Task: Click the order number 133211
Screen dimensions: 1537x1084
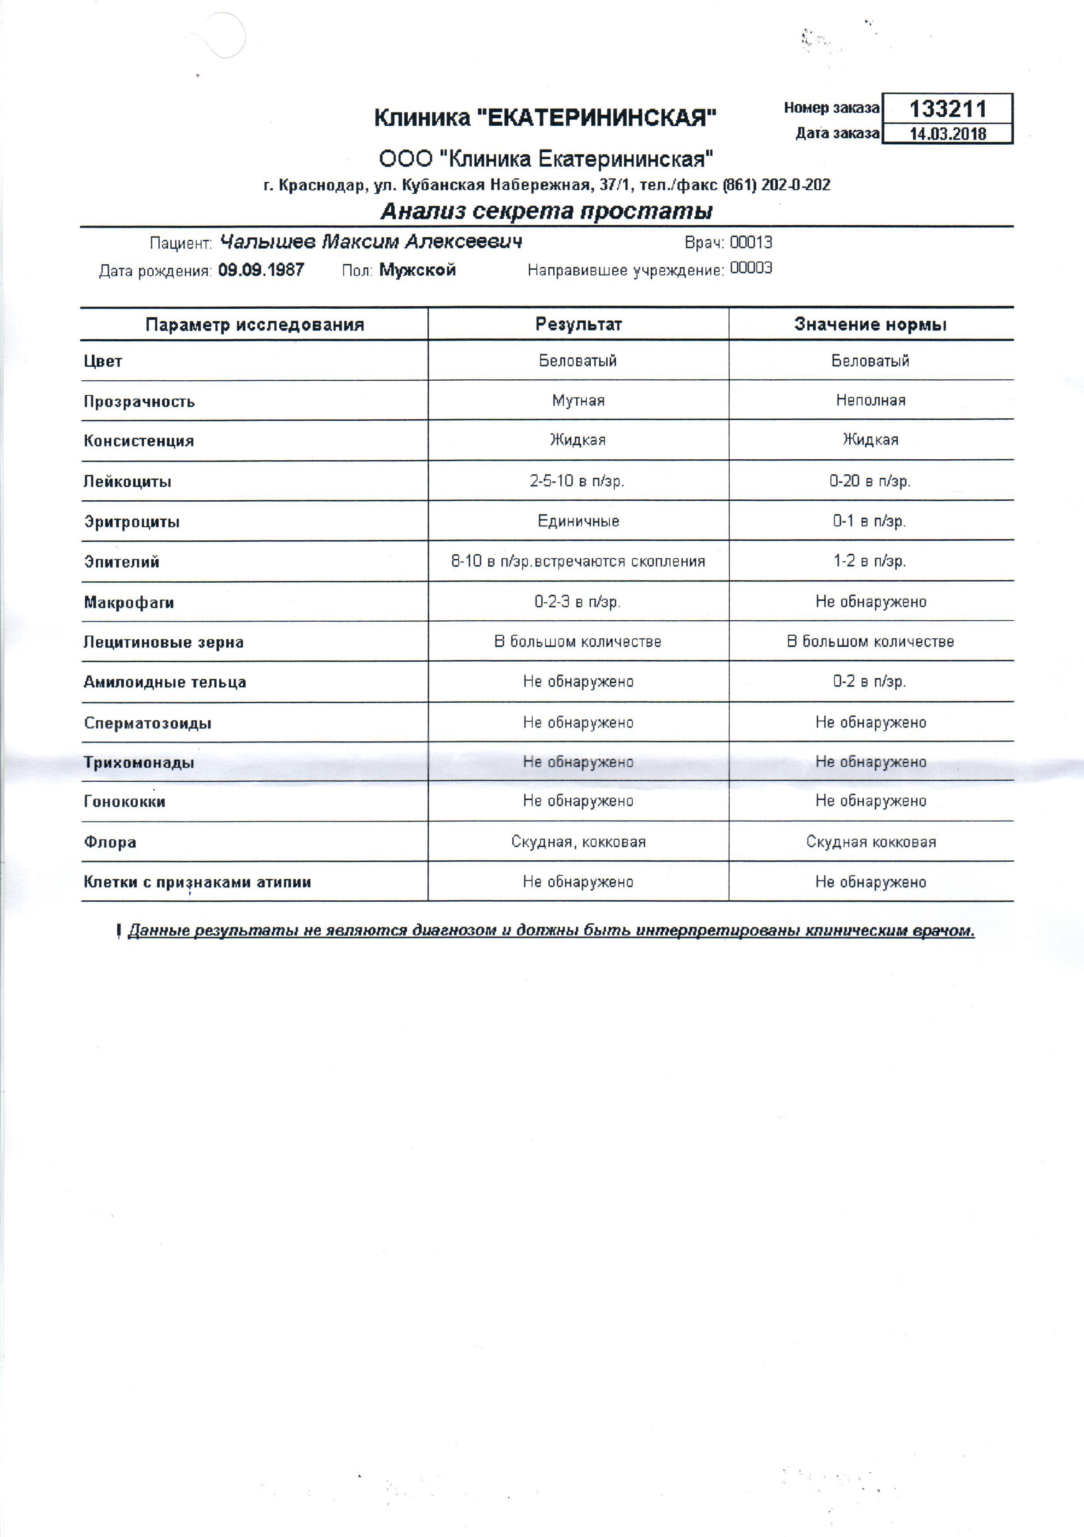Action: [947, 109]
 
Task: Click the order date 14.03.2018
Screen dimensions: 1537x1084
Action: [947, 133]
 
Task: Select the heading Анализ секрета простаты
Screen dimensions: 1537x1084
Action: [546, 212]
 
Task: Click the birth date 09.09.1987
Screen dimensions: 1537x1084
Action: [261, 270]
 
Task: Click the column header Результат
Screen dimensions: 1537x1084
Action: [578, 325]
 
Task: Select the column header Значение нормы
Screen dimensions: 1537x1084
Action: [870, 325]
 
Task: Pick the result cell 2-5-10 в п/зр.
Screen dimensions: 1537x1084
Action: [577, 481]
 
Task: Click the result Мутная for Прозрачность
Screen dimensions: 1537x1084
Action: [578, 400]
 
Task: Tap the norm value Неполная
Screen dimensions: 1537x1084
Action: [870, 400]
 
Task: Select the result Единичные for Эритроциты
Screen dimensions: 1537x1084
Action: [578, 521]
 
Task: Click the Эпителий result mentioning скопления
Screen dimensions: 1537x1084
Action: [578, 561]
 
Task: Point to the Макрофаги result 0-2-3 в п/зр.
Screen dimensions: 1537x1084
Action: [577, 601]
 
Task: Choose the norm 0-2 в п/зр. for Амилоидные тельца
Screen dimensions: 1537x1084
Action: [869, 682]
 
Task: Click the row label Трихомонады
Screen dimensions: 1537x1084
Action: [139, 762]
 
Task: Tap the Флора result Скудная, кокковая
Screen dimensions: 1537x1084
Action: [578, 841]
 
